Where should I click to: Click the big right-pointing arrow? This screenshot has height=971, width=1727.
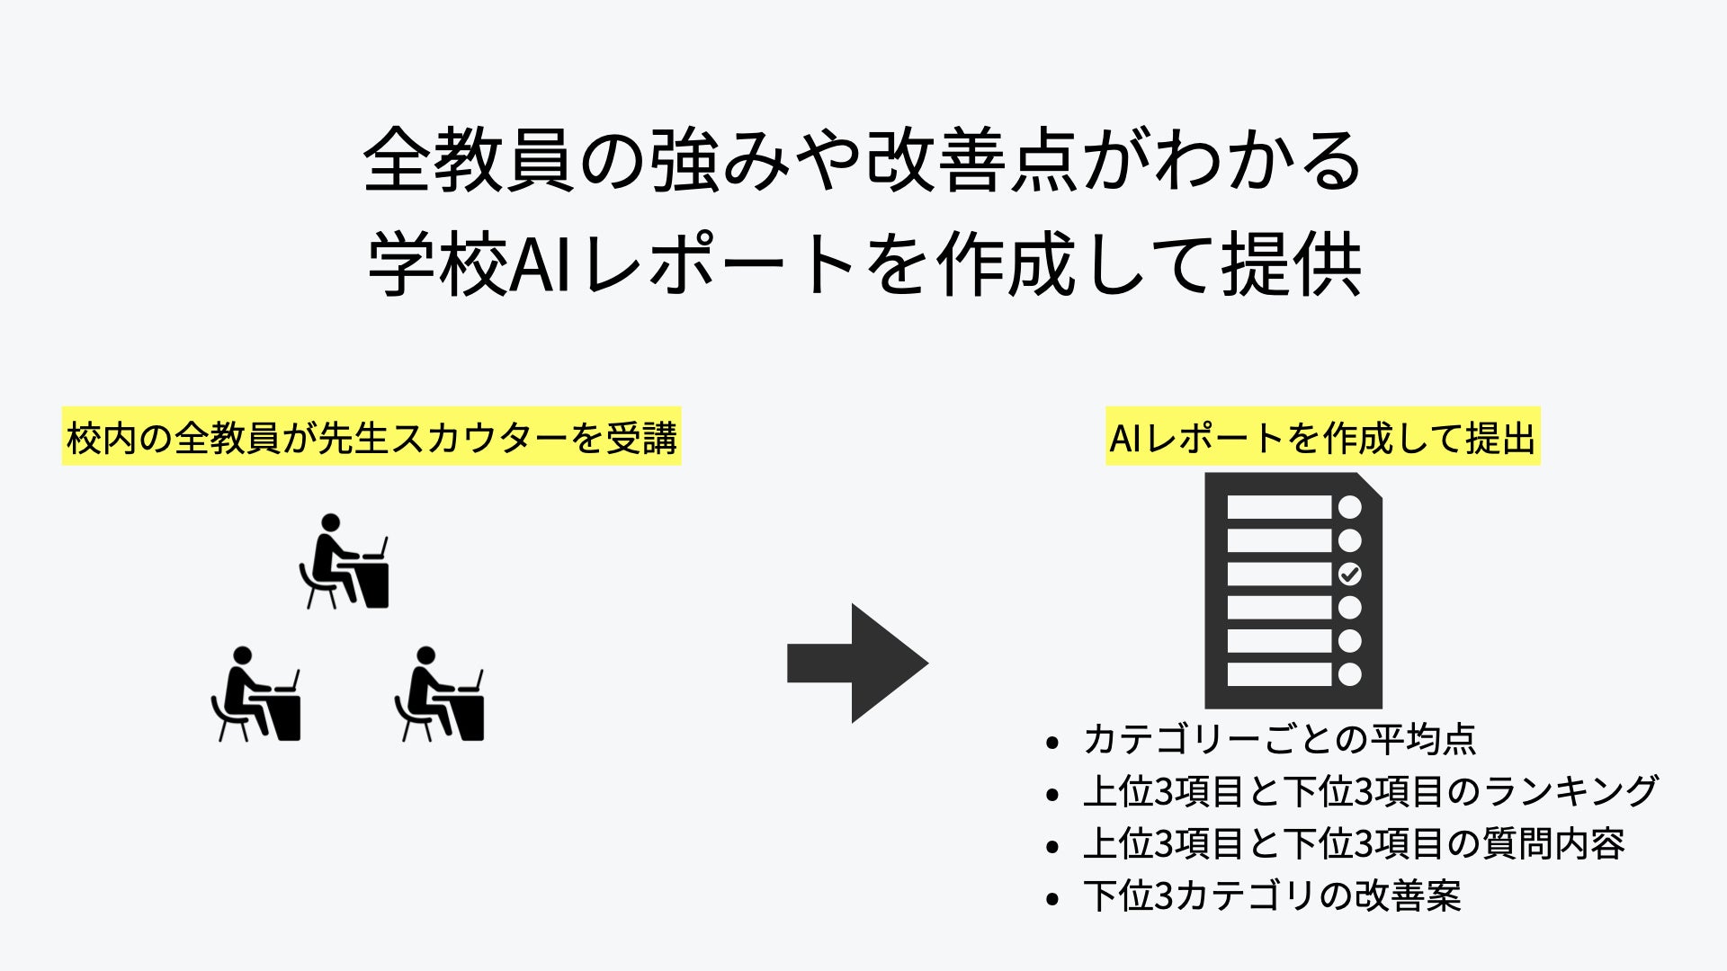pyautogui.click(x=856, y=664)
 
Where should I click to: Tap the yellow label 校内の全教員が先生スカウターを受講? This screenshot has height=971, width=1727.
pyautogui.click(x=371, y=438)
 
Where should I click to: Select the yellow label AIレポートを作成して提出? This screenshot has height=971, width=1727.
pyautogui.click(x=1322, y=438)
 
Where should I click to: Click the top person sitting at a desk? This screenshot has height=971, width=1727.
pyautogui.click(x=345, y=563)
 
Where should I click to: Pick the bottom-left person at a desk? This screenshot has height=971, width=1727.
pyautogui.click(x=256, y=695)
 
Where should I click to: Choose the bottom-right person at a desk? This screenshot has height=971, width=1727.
pyautogui.click(x=440, y=695)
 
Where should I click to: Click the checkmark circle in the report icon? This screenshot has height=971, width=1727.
pyautogui.click(x=1349, y=574)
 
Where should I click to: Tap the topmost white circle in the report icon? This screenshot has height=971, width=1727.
pyautogui.click(x=1349, y=507)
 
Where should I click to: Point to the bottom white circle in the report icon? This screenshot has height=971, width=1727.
pyautogui.click(x=1349, y=674)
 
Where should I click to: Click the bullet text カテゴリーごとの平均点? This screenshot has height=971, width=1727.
pyautogui.click(x=1279, y=739)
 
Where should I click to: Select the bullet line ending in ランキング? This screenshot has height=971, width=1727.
pyautogui.click(x=1370, y=791)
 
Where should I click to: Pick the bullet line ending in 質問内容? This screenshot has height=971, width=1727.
pyautogui.click(x=1354, y=843)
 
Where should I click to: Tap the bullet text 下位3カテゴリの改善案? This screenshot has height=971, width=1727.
pyautogui.click(x=1272, y=895)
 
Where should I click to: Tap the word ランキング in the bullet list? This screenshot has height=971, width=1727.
pyautogui.click(x=1570, y=791)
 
